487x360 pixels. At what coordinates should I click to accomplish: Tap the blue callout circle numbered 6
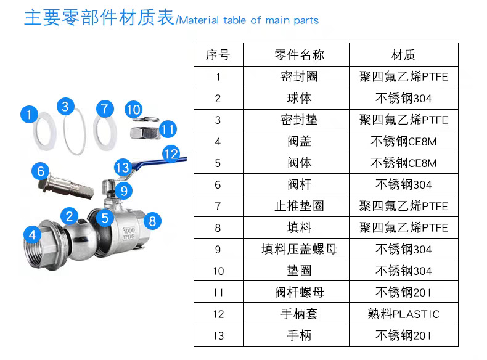pyautogui.click(x=41, y=171)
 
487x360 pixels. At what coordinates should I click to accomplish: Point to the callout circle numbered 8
pyautogui.click(x=153, y=219)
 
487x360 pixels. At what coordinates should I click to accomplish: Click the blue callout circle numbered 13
pyautogui.click(x=122, y=167)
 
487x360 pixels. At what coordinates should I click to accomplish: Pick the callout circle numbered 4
pyautogui.click(x=31, y=234)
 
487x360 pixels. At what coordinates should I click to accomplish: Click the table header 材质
pyautogui.click(x=403, y=55)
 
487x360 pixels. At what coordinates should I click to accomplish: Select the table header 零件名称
pyautogui.click(x=299, y=55)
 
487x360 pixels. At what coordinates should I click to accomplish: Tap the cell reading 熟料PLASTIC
pyautogui.click(x=403, y=314)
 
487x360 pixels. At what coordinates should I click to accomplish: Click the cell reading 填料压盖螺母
pyautogui.click(x=299, y=250)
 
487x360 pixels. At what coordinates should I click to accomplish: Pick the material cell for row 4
pyautogui.click(x=403, y=142)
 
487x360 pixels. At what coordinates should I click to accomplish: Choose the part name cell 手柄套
pyautogui.click(x=299, y=314)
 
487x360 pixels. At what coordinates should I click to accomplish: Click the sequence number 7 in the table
pyautogui.click(x=218, y=207)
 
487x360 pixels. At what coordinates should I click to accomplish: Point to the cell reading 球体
pyautogui.click(x=299, y=99)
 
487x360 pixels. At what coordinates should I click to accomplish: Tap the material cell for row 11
pyautogui.click(x=403, y=293)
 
